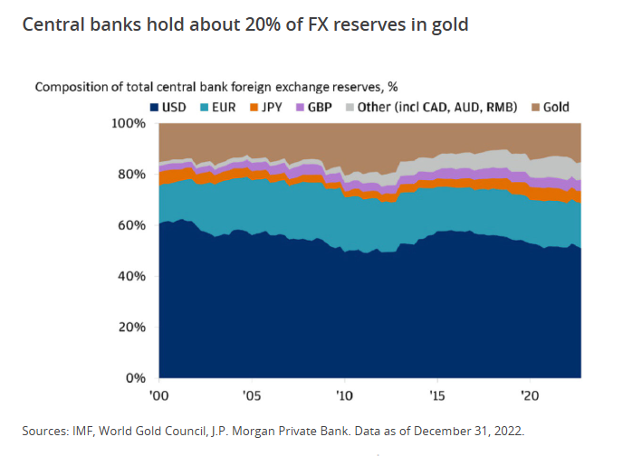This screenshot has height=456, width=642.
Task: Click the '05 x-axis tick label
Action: point(252,395)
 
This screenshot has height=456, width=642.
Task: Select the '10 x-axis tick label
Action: point(344,395)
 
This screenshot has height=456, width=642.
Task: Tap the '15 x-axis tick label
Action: point(436,395)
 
